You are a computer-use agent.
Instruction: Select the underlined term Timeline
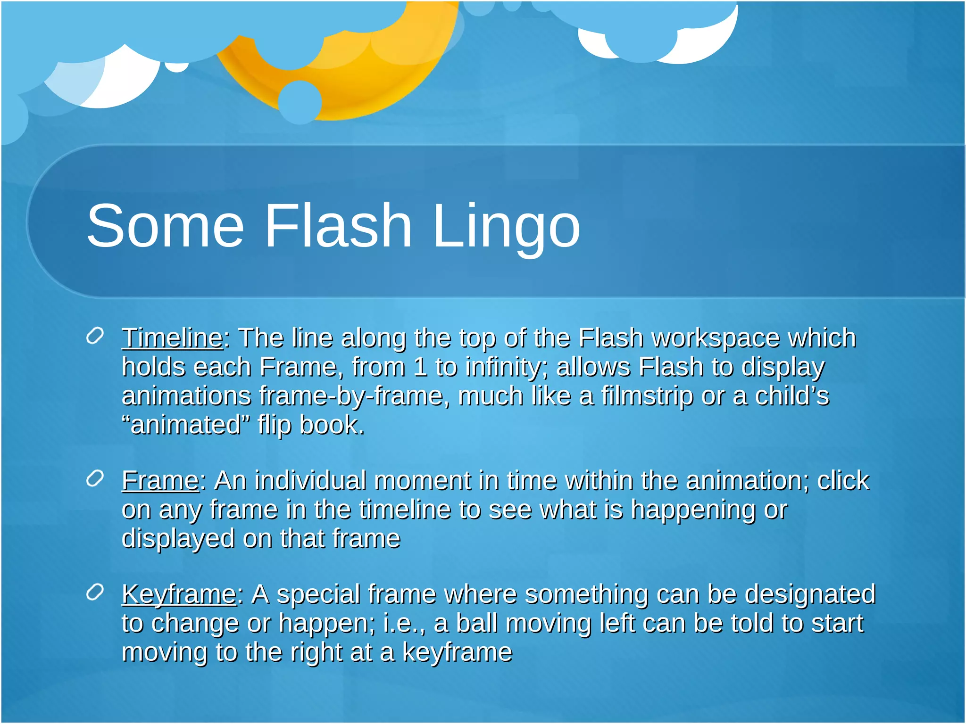[172, 338]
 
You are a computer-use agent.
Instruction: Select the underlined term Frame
[160, 481]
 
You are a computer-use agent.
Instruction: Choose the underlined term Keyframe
[179, 594]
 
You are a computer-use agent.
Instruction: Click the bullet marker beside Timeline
[95, 337]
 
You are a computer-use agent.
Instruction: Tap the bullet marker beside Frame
[95, 479]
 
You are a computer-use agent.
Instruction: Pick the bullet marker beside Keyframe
[95, 592]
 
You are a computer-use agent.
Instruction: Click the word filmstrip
[647, 396]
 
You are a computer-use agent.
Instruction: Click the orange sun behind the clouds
[373, 85]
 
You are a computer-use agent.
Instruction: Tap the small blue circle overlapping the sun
[300, 102]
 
